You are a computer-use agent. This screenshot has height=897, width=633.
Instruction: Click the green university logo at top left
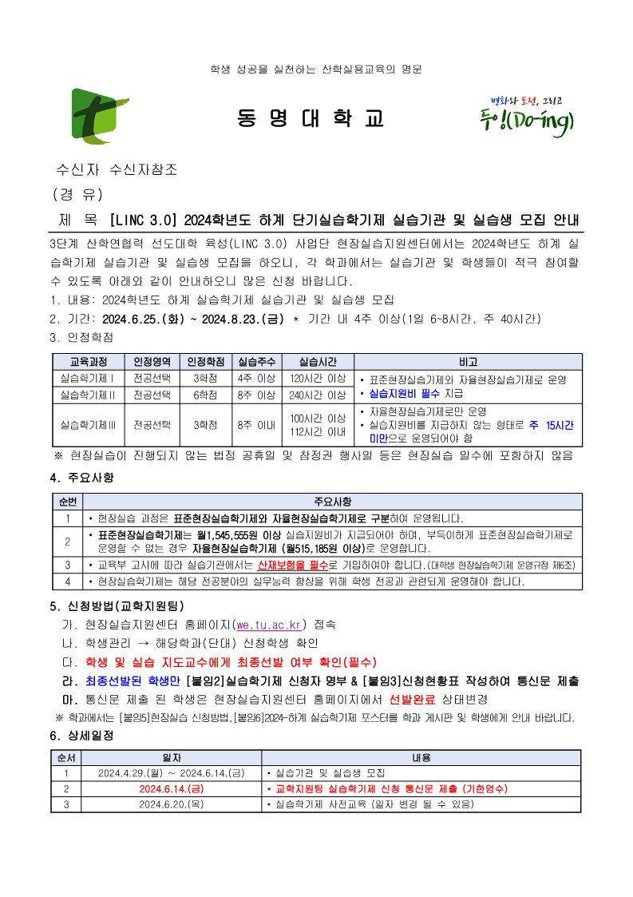pyautogui.click(x=100, y=117)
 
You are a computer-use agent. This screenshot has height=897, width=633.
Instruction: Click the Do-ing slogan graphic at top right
pyautogui.click(x=531, y=117)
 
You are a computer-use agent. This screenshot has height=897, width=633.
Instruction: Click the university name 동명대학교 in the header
pyautogui.click(x=311, y=118)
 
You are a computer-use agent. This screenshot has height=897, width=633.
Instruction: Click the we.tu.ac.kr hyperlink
pyautogui.click(x=271, y=624)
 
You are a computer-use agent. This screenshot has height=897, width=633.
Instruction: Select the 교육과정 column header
pyautogui.click(x=89, y=362)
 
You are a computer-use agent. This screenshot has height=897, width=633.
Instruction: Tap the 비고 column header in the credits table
pyautogui.click(x=468, y=362)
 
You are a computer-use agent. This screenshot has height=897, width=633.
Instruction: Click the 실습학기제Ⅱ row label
pyautogui.click(x=89, y=395)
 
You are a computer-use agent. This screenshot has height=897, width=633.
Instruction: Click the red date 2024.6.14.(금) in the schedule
pyautogui.click(x=171, y=788)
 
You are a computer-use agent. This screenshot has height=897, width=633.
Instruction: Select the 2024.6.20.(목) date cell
pyautogui.click(x=171, y=804)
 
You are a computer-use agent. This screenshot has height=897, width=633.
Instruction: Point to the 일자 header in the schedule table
pyautogui.click(x=171, y=756)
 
